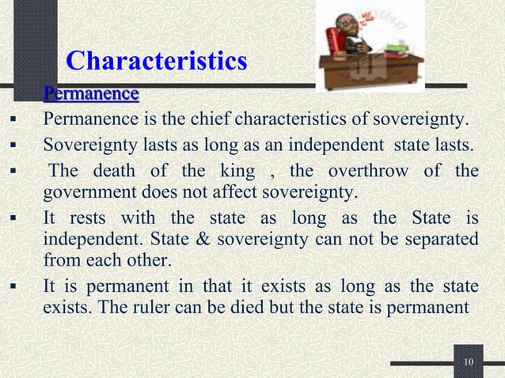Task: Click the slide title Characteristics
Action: (x=157, y=60)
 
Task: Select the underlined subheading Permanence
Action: (x=91, y=95)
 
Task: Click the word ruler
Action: (x=148, y=307)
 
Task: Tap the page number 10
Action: (x=469, y=362)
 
